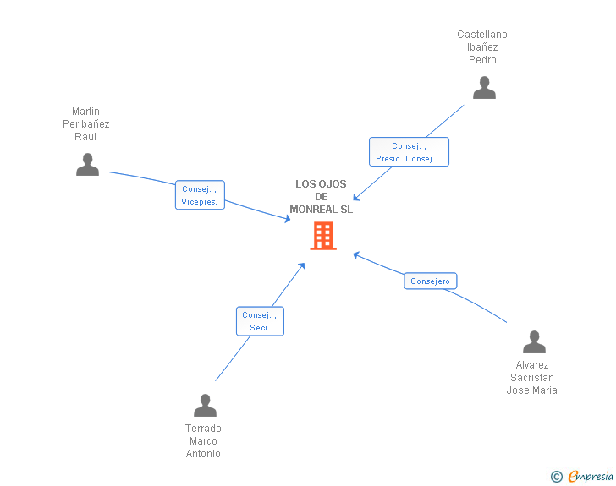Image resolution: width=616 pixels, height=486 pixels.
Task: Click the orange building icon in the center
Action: pos(322,236)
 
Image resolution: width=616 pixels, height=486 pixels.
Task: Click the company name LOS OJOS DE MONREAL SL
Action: pos(321,197)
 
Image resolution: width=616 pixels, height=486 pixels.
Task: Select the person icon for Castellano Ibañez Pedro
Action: pos(484,88)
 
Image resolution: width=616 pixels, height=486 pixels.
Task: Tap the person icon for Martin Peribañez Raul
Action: pos(87,165)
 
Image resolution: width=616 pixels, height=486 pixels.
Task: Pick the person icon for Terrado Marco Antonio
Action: pos(205,406)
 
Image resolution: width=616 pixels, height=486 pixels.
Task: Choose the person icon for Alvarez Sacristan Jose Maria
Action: pos(534,342)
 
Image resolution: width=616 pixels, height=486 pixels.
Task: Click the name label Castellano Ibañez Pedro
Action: pos(482,47)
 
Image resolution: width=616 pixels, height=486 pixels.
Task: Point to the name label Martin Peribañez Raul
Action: pos(86,124)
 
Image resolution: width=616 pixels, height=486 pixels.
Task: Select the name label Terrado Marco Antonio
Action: pos(203,441)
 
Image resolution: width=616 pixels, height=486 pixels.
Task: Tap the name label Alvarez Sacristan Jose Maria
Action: pos(531,378)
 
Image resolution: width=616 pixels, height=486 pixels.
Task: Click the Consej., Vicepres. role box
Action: pos(200,195)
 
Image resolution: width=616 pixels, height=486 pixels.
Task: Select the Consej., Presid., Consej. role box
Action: pos(409,152)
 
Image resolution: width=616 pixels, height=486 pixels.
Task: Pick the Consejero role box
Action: pos(431,281)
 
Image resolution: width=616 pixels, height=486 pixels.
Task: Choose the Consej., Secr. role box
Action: pos(260,321)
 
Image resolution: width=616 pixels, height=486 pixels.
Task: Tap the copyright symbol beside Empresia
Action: pos(556,478)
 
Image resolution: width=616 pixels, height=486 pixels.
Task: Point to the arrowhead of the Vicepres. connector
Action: pos(288,219)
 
